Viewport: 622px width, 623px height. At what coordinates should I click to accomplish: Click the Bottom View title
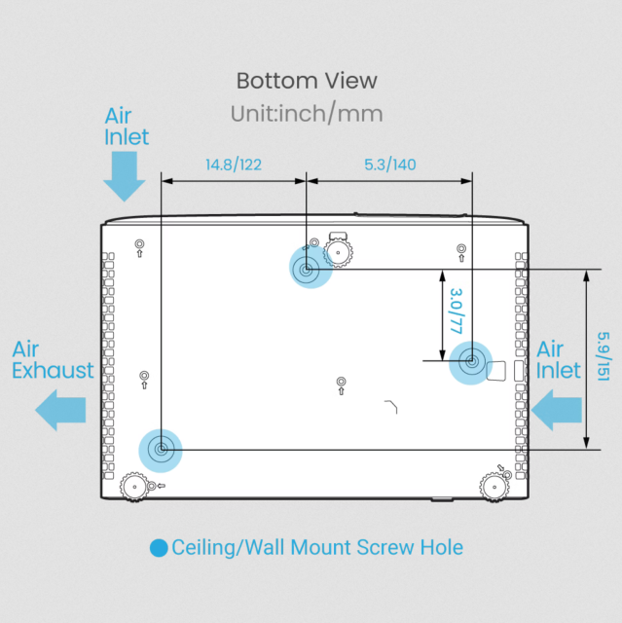(307, 81)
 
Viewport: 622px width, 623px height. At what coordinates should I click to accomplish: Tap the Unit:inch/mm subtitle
(307, 114)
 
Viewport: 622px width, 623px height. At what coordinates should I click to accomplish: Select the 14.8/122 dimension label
(234, 165)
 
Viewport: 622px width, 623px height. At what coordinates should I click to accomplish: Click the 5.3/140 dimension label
(390, 165)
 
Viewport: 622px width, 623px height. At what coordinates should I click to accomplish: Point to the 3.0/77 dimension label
(457, 311)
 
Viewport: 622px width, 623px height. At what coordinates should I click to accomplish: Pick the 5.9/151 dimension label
(604, 356)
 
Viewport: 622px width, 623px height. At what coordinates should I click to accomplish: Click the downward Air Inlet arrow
(125, 176)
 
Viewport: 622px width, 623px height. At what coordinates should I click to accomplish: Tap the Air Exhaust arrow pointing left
(60, 410)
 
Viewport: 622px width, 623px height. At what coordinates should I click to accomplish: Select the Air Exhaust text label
(53, 360)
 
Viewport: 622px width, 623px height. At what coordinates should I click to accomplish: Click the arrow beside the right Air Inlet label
(556, 410)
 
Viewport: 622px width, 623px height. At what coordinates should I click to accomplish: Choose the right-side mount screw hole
(471, 362)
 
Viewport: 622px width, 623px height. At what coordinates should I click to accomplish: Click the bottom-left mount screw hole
(161, 450)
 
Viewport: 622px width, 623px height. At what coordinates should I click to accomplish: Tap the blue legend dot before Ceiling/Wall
(159, 548)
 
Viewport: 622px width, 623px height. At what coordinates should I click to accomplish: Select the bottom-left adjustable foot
(134, 487)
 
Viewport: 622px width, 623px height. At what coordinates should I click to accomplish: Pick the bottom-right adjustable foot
(494, 487)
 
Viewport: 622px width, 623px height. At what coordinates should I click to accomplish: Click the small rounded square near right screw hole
(496, 371)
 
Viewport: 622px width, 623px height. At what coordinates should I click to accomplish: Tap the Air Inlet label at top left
(127, 127)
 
